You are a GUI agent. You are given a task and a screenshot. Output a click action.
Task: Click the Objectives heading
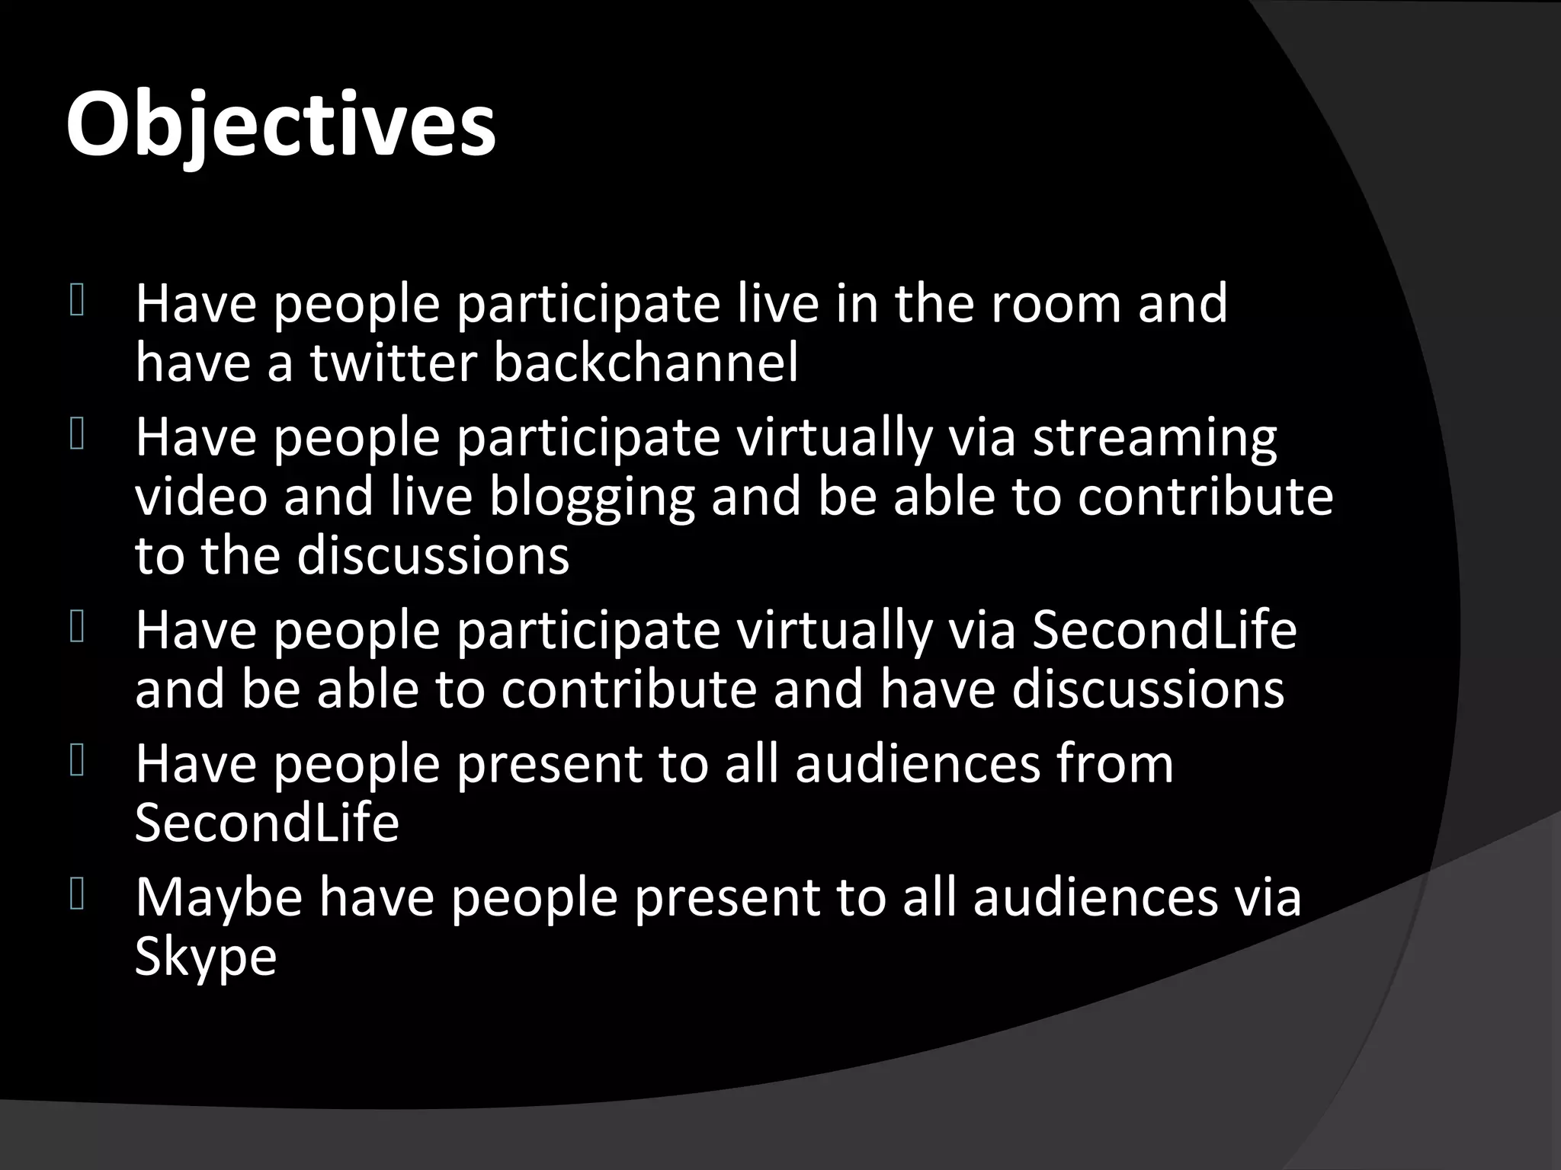280,124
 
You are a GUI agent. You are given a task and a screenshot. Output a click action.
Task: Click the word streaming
1154,439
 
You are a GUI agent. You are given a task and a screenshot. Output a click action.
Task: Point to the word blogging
591,497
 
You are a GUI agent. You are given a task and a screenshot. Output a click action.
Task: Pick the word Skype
205,957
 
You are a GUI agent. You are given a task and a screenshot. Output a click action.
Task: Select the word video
201,497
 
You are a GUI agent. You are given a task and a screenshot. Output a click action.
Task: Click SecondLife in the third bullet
1164,631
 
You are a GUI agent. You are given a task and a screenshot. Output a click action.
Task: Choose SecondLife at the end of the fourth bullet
267,823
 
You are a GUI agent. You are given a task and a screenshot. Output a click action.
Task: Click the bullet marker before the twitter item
77,300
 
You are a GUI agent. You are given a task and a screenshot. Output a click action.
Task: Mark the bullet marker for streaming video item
77,436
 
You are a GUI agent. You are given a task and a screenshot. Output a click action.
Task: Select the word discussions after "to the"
433,555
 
